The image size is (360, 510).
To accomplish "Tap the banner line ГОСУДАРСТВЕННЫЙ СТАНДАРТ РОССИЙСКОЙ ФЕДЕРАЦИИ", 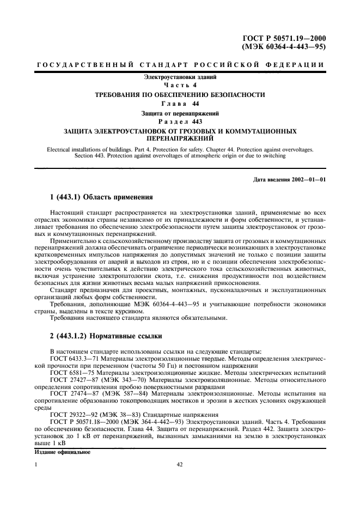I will tap(180, 65).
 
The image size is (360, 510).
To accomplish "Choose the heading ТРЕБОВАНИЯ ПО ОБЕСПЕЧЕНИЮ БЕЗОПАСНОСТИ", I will tap(180, 95).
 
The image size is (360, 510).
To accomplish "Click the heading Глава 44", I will tap(180, 104).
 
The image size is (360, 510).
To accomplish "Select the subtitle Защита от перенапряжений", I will tap(180, 113).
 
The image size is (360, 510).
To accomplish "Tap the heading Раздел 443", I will tap(180, 122).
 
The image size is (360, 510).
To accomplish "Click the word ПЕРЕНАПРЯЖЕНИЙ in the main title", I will tap(180, 139).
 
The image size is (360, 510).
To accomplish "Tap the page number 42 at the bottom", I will tap(180, 465).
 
